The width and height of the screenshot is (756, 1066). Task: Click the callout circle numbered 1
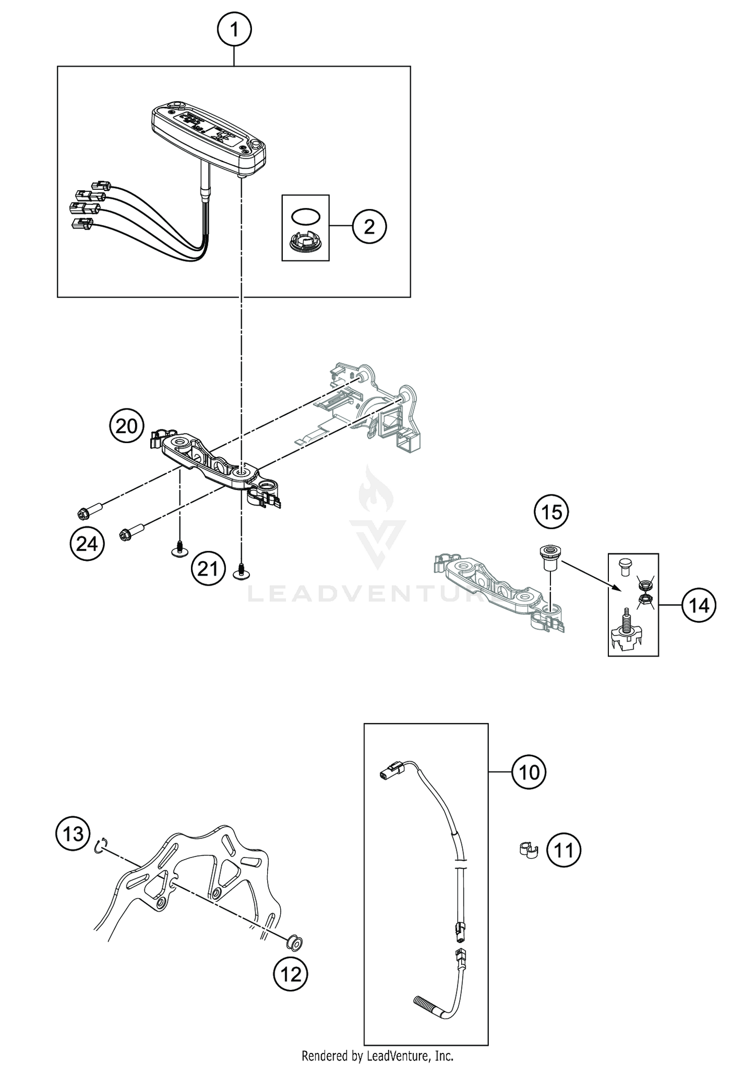point(234,30)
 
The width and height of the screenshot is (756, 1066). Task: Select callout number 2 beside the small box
point(369,227)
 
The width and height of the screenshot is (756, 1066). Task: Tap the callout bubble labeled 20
point(126,426)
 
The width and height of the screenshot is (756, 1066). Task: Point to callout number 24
point(87,544)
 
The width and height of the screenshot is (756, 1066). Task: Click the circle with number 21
point(208,569)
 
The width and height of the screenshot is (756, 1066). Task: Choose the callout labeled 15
point(551,513)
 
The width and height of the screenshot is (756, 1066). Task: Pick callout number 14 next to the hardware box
point(699,605)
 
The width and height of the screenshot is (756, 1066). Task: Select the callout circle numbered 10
point(529,772)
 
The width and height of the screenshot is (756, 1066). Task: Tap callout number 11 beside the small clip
point(563,850)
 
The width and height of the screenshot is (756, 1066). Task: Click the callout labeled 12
point(290,974)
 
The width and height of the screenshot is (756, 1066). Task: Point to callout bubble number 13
point(73,834)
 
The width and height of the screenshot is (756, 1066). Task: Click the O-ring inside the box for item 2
point(305,216)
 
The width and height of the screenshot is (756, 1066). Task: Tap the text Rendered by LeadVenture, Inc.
point(377,1055)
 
